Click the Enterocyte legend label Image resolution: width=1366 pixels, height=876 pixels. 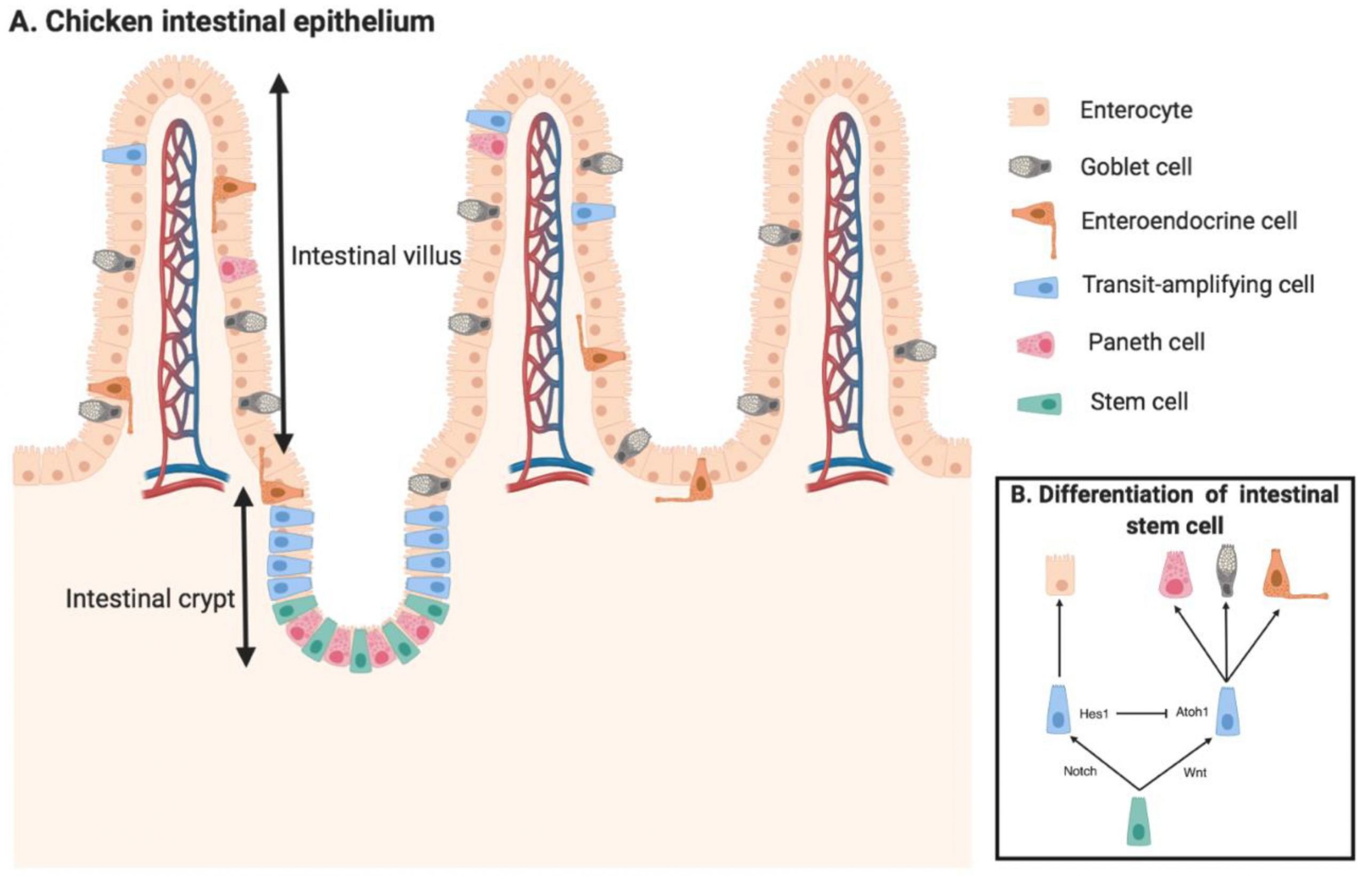(1136, 110)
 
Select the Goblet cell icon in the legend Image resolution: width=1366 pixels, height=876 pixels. (1030, 167)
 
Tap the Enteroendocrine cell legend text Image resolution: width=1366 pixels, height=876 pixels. (1189, 221)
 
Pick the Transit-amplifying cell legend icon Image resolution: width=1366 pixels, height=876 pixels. (1036, 287)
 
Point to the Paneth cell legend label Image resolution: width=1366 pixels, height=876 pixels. (1146, 342)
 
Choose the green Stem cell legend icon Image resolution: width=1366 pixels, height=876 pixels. (1039, 403)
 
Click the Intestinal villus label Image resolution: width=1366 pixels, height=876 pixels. (376, 256)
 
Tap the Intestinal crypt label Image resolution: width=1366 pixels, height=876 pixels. (150, 599)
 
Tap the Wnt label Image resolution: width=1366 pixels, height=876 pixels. (1195, 773)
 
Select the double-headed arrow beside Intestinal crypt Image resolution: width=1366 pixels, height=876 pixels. (245, 577)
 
